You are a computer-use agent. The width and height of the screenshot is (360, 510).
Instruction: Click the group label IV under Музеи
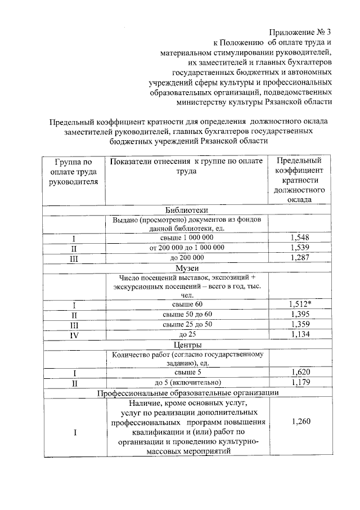[x=74, y=335]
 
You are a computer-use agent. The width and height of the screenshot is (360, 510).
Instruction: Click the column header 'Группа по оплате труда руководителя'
[x=74, y=172]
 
